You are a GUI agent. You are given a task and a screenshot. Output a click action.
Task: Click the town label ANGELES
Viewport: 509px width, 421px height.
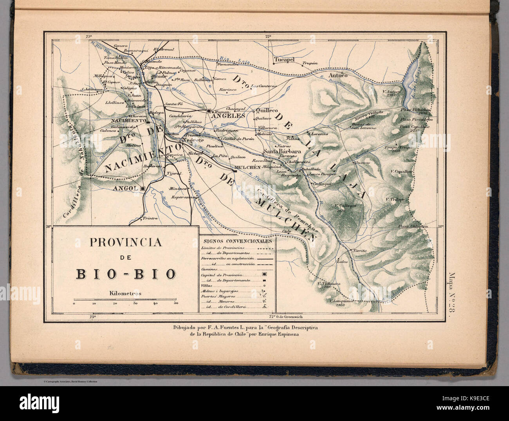[x=228, y=116]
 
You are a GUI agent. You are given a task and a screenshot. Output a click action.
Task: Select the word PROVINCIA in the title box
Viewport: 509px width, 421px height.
[x=126, y=242]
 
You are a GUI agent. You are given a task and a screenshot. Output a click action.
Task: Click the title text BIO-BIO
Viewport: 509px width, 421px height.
[x=126, y=274]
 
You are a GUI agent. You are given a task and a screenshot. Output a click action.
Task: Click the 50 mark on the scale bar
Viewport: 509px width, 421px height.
[x=176, y=304]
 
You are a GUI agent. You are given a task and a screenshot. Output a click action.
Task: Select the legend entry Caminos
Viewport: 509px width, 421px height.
[x=208, y=270]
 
